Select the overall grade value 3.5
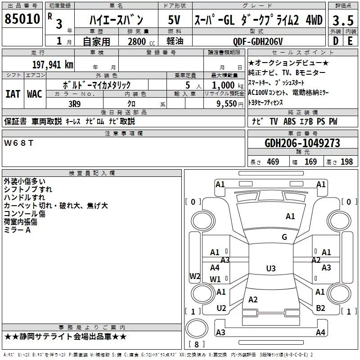(342, 20)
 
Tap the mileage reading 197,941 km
(53, 64)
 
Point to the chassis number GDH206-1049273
(302, 143)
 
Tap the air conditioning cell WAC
(34, 94)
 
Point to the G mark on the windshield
(284, 237)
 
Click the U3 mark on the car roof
(270, 269)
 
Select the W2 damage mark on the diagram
(195, 276)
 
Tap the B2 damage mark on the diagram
(320, 308)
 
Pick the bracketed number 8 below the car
(196, 345)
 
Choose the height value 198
(346, 162)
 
